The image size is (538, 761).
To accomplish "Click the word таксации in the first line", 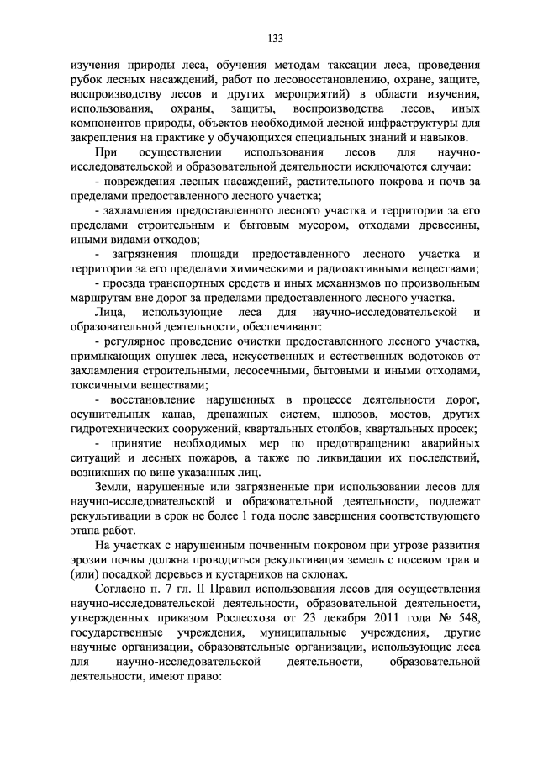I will point(339,63).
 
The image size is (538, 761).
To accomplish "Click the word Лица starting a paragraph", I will point(108,317).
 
